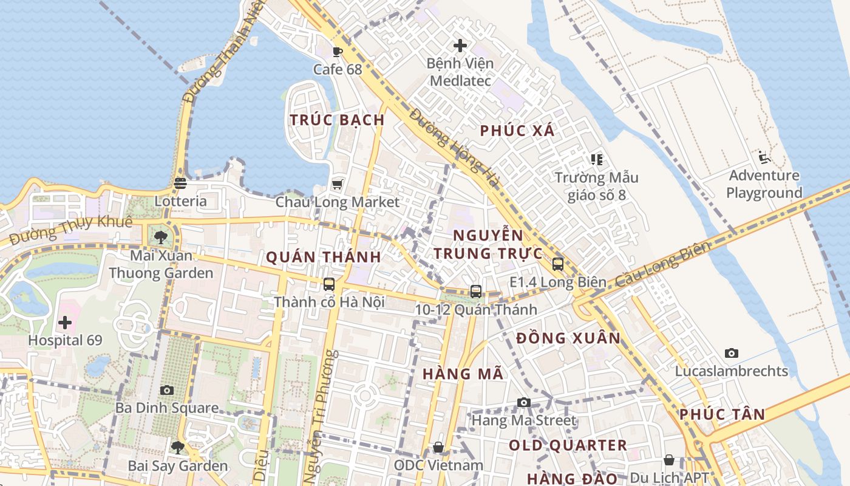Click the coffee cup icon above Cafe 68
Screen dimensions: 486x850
[x=338, y=52]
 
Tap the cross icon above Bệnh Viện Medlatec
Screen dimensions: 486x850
[x=460, y=45]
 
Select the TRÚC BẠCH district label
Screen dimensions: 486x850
[x=338, y=120]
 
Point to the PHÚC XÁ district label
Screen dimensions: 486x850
[x=517, y=130]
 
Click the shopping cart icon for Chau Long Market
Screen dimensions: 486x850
[x=338, y=183]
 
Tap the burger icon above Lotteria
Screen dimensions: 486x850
[x=180, y=183]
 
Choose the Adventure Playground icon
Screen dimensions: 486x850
[x=764, y=158]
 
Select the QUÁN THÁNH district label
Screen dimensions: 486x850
[x=324, y=257]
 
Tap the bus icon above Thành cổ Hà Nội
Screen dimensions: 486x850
[x=329, y=284]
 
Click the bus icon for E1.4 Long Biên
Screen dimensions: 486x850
[x=557, y=264]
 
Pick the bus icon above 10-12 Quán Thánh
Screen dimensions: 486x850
[x=476, y=292]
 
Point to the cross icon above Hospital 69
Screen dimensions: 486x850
[x=65, y=322]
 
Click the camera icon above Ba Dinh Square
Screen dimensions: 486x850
[x=167, y=390]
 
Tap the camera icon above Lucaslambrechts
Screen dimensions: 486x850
[x=732, y=353]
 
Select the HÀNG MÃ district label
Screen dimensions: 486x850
[x=463, y=374]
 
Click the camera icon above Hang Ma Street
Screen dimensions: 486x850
[x=523, y=402]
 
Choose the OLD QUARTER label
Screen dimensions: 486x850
[x=568, y=445]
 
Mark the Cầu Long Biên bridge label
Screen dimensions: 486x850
[x=662, y=265]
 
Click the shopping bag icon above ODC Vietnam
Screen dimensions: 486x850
[x=438, y=448]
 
